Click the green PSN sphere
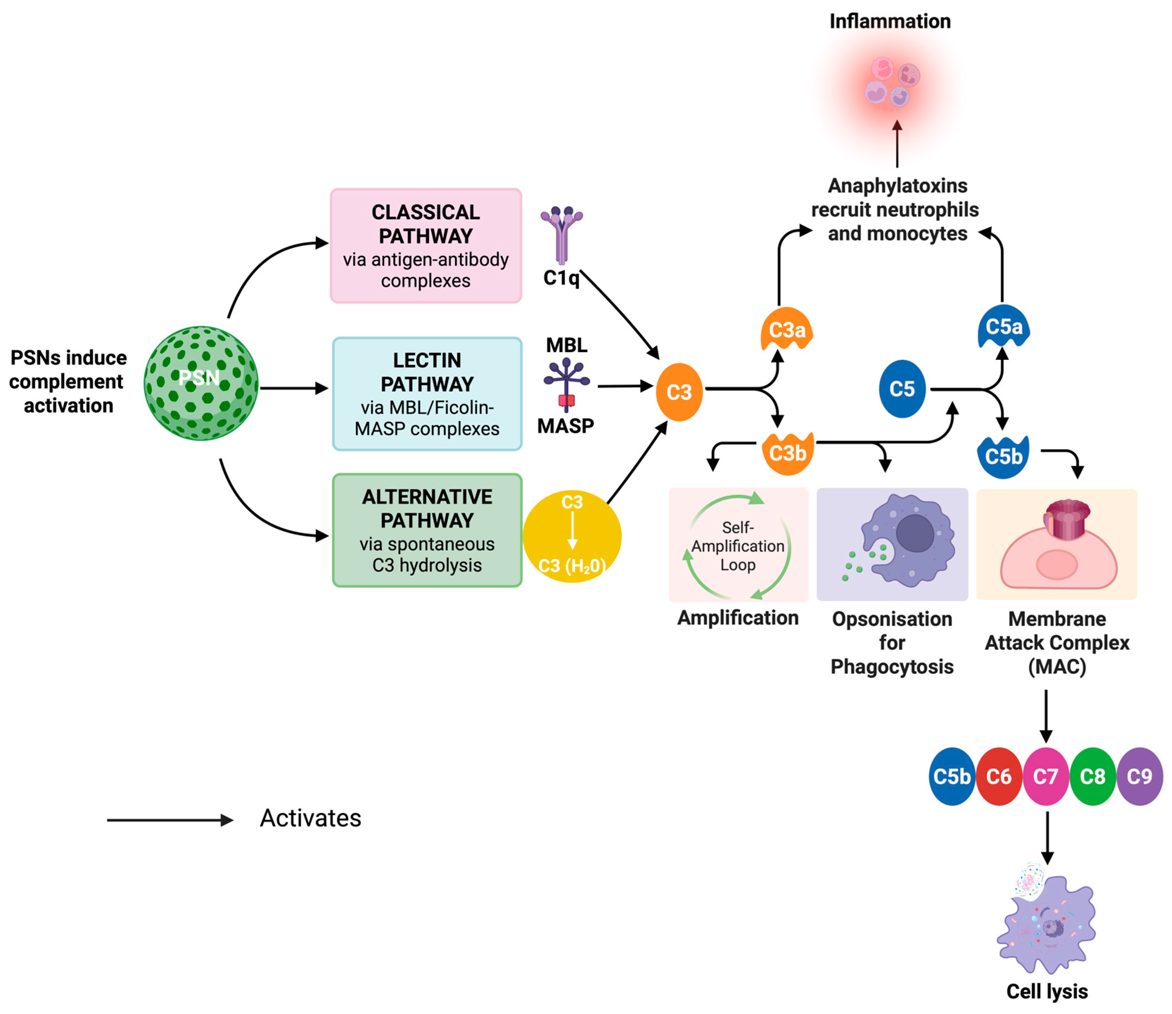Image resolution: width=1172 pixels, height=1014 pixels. tap(201, 383)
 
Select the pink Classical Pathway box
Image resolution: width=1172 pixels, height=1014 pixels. tap(425, 246)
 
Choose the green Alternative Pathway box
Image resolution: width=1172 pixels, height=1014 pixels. tap(427, 530)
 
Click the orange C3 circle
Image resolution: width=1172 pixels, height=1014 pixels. tap(679, 392)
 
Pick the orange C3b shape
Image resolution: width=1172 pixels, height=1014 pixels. tap(787, 453)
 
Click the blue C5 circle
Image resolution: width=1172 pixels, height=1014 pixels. tap(902, 389)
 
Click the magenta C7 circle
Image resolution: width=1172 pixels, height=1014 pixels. tap(1045, 777)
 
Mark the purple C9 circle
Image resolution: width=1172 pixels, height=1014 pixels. tap(1139, 777)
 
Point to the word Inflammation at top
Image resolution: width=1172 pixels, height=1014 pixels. tap(890, 21)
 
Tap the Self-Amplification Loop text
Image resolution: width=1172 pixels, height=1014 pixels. tap(738, 546)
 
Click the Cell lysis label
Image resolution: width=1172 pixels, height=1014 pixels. tap(1047, 991)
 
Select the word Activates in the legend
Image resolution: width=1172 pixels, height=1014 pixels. tap(310, 818)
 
